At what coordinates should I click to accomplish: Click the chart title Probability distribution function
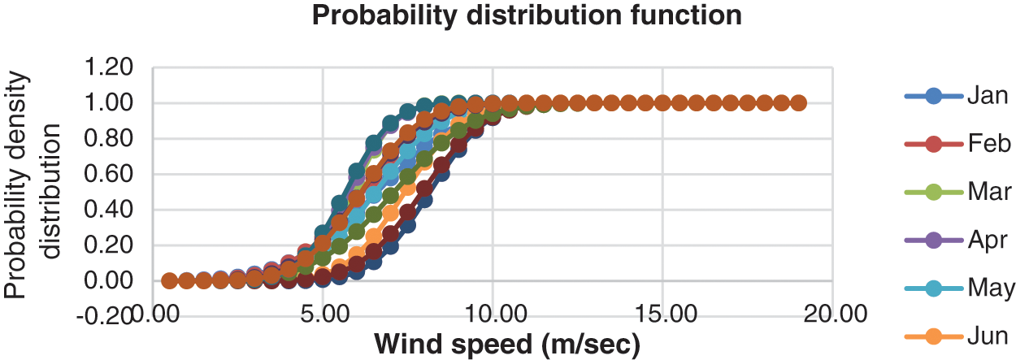tap(527, 15)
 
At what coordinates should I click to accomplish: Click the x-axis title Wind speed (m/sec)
tap(507, 343)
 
